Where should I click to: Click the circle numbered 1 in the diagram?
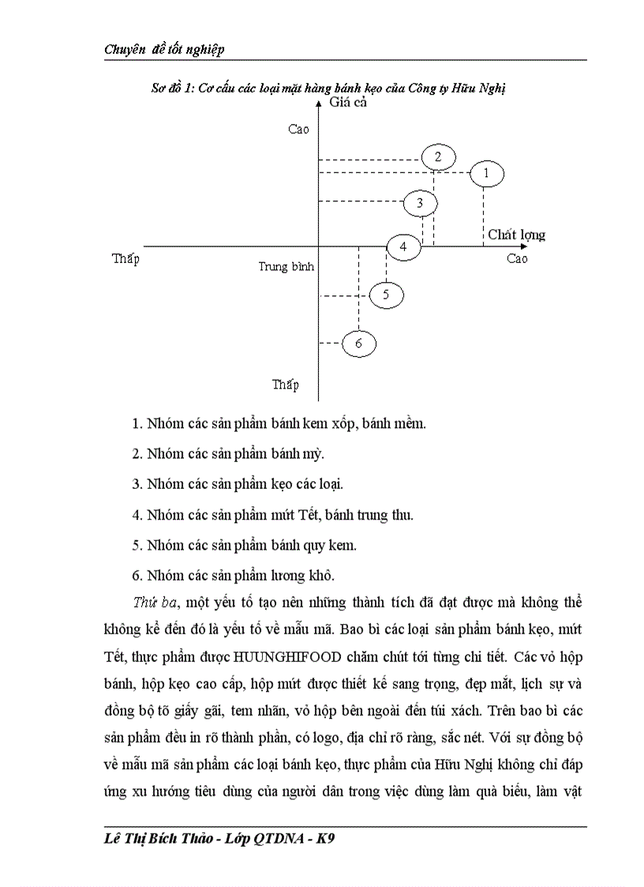486,173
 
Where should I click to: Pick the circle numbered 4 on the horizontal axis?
403,247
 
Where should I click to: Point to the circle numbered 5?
386,295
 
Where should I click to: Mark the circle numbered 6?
358,344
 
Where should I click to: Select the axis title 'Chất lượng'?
516,235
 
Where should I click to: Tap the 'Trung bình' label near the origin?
286,267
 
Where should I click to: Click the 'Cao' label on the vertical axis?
299,130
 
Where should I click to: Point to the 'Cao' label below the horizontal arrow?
517,259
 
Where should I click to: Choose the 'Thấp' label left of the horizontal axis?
125,259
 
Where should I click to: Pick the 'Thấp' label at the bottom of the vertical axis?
286,385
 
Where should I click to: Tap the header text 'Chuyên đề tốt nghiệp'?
164,50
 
